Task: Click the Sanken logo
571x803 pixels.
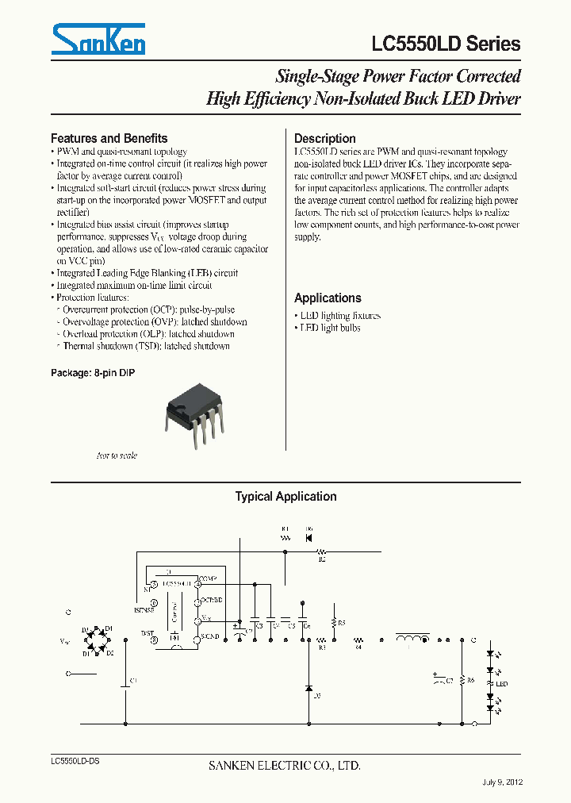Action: pos(98,39)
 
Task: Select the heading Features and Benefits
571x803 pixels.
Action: pos(109,138)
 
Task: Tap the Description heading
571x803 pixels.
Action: pos(324,138)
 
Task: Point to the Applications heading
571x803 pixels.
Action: pos(328,298)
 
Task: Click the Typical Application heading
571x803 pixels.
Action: pos(285,497)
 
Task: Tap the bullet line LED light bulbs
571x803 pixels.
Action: pos(328,328)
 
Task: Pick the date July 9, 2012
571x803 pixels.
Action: pos(502,782)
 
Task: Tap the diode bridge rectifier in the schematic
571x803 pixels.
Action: pos(98,640)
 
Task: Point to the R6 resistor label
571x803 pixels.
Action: pos(470,681)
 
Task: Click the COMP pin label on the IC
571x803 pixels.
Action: pos(209,578)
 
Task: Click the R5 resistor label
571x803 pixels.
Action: pos(342,624)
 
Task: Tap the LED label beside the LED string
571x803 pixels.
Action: pos(502,683)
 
